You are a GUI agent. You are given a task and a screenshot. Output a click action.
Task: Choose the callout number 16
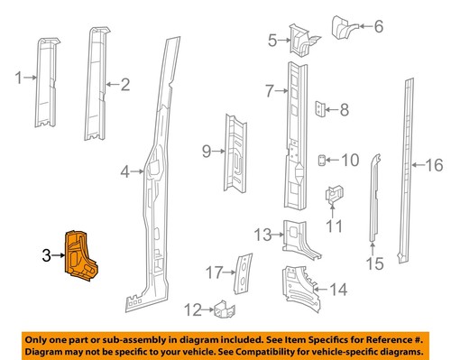435,164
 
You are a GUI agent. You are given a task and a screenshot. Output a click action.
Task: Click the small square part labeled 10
323,160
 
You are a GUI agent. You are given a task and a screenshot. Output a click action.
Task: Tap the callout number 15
374,263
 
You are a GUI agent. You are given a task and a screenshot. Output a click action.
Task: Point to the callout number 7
270,90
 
